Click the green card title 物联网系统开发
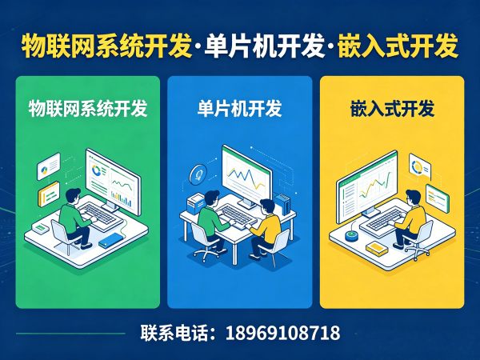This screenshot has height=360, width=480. [88, 110]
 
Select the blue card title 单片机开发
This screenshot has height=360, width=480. [239, 110]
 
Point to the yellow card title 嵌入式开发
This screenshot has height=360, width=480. [392, 110]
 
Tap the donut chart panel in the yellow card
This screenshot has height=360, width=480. [419, 166]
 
